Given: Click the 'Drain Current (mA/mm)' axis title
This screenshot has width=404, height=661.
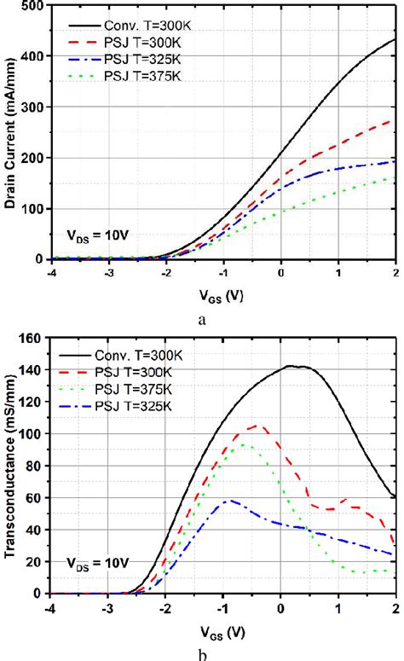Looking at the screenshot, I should coord(9,132).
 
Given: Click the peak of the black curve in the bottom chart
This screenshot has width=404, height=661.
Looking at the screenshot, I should coord(291,366).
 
